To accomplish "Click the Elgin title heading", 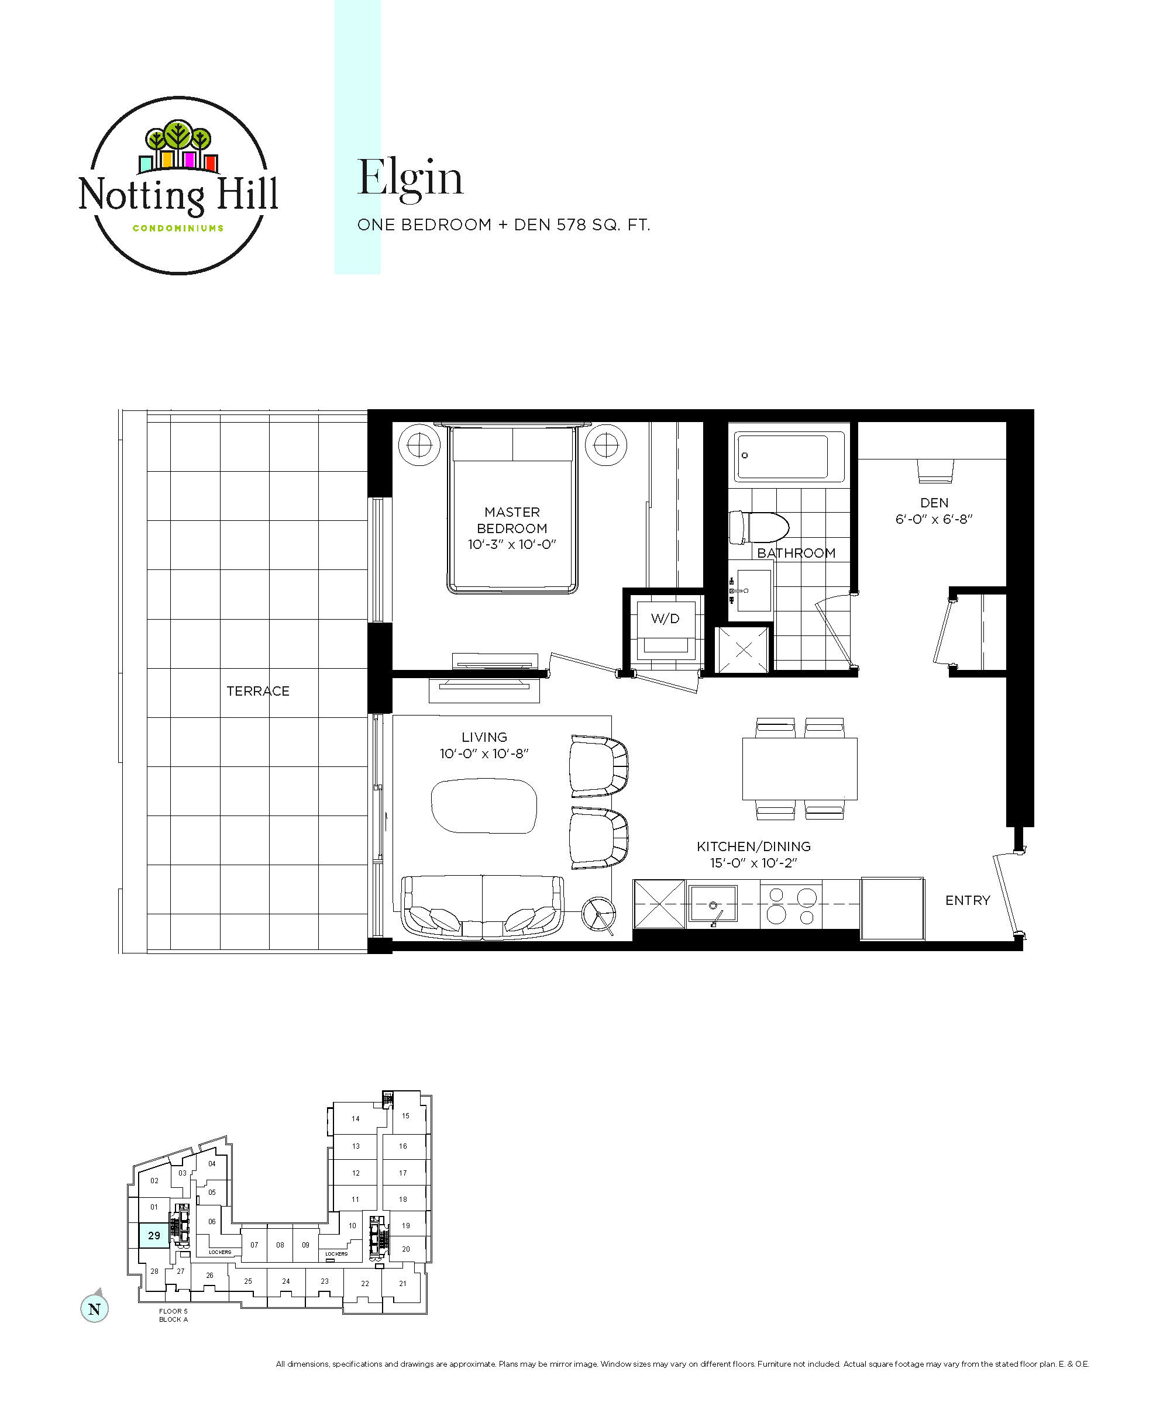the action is coord(410,178).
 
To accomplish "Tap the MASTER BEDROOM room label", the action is coord(511,520).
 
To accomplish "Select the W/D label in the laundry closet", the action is coord(665,618).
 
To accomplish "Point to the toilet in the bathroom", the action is coord(759,527).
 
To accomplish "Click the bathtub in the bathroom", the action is coord(789,455).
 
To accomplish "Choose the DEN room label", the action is coord(934,502).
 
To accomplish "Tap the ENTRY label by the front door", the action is coord(968,901).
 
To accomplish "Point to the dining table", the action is coord(800,768).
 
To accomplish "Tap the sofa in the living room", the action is coord(482,907).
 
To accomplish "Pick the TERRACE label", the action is coord(258,691).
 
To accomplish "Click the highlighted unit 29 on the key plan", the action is coord(154,1235).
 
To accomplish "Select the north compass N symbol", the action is coord(94,1309).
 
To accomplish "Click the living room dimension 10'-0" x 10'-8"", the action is coord(484,754).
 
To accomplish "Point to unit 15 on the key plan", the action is coord(406,1117).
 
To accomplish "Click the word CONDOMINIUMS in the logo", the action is coord(178,229).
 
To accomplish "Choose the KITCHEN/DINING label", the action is coord(753,846).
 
